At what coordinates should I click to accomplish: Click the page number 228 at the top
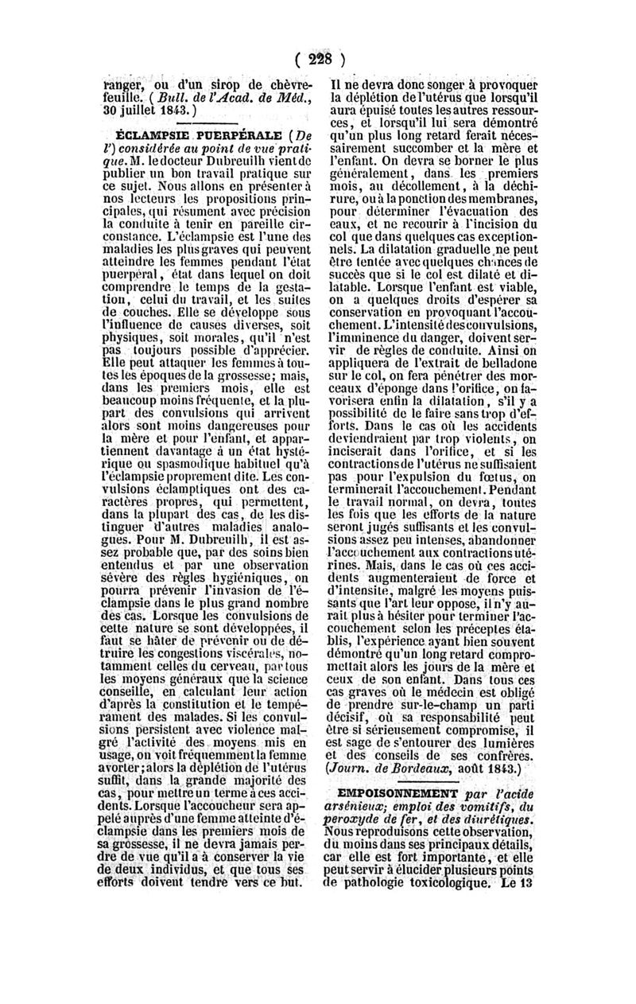(318, 60)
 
